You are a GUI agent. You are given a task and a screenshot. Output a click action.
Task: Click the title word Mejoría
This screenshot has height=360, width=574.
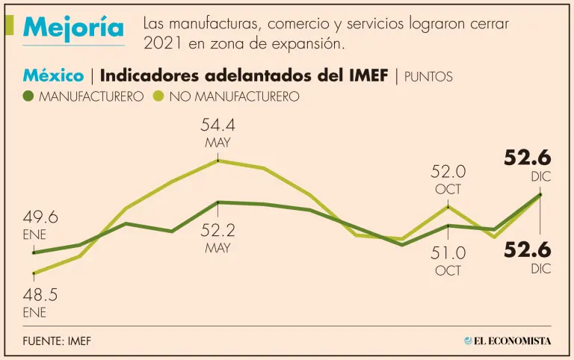pyautogui.click(x=73, y=28)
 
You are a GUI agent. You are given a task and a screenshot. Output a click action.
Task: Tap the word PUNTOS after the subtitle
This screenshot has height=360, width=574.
pyautogui.click(x=428, y=76)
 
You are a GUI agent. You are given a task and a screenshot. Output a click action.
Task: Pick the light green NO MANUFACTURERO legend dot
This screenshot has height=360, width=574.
pyautogui.click(x=158, y=96)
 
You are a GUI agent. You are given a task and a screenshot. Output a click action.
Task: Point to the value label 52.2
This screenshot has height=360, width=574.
pyautogui.click(x=217, y=231)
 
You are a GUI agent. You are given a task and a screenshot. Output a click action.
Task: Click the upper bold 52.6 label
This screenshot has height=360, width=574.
pyautogui.click(x=527, y=158)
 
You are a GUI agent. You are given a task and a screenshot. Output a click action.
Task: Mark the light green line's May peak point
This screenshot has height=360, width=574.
pyautogui.click(x=217, y=160)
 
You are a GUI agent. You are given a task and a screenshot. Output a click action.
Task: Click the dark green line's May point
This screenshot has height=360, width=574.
pyautogui.click(x=217, y=202)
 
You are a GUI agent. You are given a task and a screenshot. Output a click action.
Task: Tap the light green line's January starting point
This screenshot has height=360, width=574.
pyautogui.click(x=34, y=273)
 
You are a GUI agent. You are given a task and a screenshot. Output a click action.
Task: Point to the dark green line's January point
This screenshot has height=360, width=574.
pyautogui.click(x=34, y=252)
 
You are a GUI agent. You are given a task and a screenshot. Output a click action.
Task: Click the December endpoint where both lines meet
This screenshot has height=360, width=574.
pyautogui.click(x=540, y=195)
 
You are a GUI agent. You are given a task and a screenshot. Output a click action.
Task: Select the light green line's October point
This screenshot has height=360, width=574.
pyautogui.click(x=448, y=205)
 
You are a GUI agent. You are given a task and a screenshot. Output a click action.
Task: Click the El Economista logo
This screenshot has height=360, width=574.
pyautogui.click(x=507, y=341)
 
